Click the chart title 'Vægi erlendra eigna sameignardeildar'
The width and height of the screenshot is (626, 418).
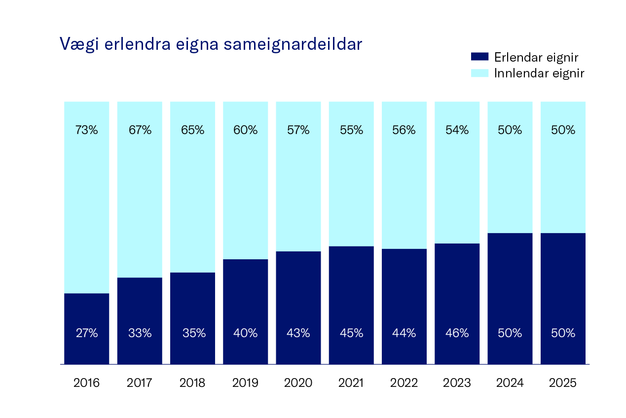[x=211, y=44]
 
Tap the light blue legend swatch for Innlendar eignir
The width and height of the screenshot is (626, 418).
[x=479, y=73]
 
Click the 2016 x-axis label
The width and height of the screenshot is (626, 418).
[x=86, y=383]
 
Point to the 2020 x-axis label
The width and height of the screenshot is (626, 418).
[x=298, y=383]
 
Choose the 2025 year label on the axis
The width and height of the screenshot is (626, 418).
[x=563, y=383]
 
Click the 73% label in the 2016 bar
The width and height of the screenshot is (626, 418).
[x=86, y=130]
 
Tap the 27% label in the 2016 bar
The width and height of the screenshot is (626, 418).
[x=86, y=333]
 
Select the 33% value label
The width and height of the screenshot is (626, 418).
[x=140, y=333]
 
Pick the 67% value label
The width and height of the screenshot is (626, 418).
[x=140, y=130]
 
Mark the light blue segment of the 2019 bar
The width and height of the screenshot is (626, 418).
[x=245, y=197]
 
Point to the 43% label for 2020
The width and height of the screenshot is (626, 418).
[x=298, y=333]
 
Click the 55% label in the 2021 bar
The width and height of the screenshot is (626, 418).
[x=351, y=130]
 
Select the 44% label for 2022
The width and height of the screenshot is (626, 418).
[x=404, y=333]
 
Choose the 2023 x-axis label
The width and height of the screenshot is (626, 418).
[x=457, y=383]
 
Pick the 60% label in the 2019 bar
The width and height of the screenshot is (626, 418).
[x=245, y=130]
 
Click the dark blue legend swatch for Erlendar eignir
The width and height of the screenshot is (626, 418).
[x=479, y=57]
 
